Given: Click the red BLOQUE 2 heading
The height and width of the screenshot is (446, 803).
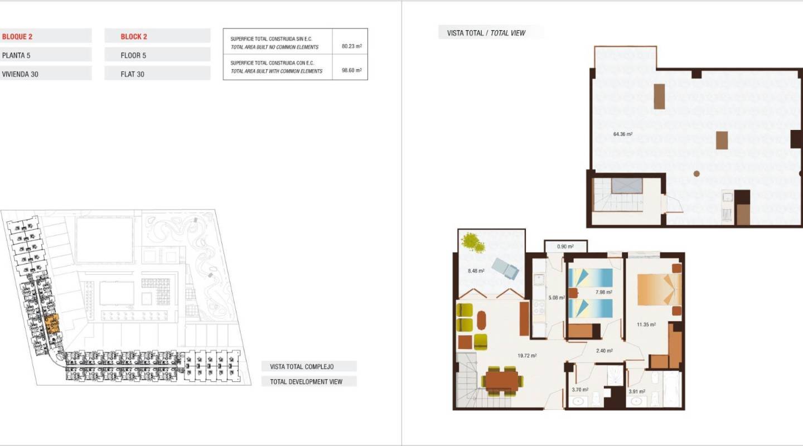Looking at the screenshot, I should click(17, 37).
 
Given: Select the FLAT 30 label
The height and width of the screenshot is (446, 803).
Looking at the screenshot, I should click(133, 74).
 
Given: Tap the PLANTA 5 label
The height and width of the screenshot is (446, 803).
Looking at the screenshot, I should click(16, 55).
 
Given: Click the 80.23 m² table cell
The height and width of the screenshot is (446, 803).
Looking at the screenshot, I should click(351, 46).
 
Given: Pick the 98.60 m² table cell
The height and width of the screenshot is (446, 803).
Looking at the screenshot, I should click(351, 70).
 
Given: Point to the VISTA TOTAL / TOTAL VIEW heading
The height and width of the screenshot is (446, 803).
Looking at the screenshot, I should click(486, 33).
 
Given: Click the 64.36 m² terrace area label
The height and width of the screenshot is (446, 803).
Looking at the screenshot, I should click(623, 134).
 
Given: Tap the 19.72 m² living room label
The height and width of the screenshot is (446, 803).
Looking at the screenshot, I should click(526, 356).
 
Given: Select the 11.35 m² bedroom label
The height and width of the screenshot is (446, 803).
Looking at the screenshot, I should click(646, 324).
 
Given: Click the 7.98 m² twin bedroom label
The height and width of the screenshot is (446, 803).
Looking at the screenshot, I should click(603, 292).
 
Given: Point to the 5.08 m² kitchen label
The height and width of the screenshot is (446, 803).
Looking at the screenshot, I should click(556, 298).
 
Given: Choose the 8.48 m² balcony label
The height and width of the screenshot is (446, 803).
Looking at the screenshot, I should click(476, 271).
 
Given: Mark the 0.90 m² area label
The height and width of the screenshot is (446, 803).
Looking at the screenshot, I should click(565, 246).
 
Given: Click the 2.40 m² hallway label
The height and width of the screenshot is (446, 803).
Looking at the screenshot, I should click(604, 351).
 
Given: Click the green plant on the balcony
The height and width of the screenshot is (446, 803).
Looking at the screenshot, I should click(472, 243).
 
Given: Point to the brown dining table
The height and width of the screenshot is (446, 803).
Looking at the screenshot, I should click(502, 381).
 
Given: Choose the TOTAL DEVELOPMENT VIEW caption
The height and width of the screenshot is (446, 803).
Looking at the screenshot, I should click(306, 381).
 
